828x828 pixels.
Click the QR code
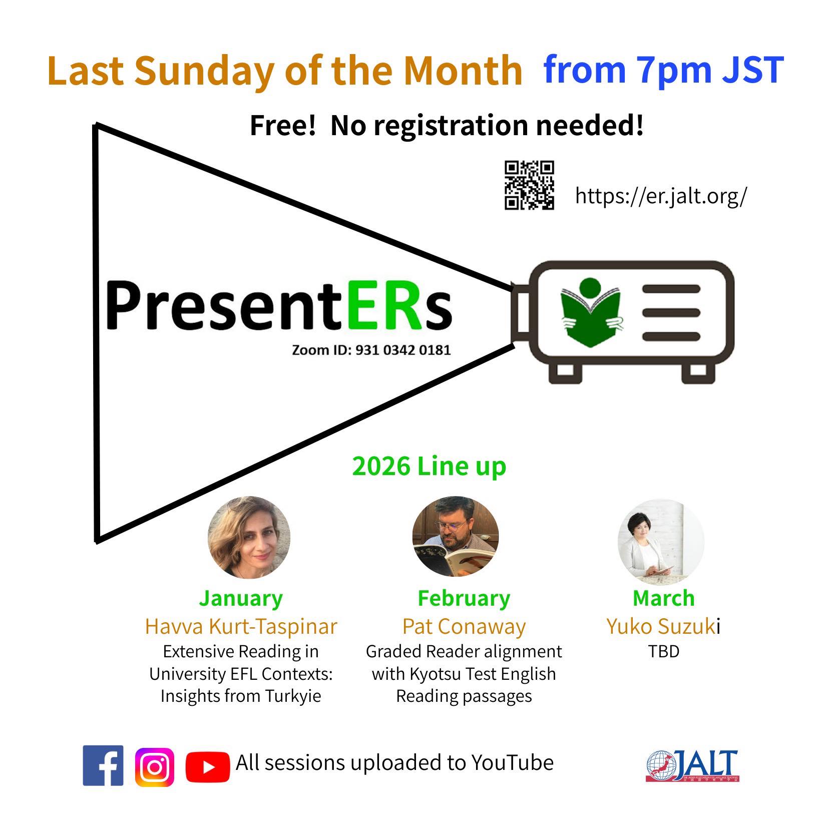(529, 185)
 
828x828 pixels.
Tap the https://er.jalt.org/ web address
(661, 195)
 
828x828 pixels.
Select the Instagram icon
(155, 767)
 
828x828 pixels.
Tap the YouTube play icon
(207, 766)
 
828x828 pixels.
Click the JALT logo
(692, 765)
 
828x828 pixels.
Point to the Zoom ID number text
(371, 350)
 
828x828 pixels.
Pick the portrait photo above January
(249, 537)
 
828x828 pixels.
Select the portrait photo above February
(455, 536)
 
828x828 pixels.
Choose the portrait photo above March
(660, 541)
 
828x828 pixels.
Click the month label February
(464, 598)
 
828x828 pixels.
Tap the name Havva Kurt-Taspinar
(241, 626)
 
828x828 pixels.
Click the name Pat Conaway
(464, 626)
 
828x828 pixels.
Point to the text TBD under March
(663, 651)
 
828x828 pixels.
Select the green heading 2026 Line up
(429, 466)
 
